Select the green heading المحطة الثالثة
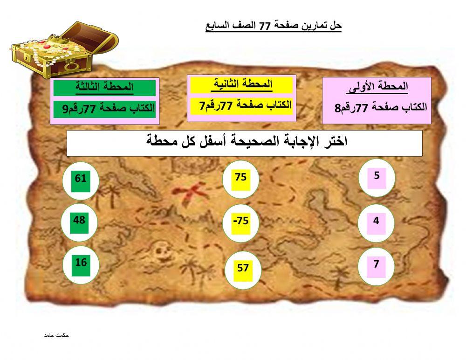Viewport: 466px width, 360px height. click(x=104, y=87)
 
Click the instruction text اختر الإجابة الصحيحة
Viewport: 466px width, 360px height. click(x=245, y=142)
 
